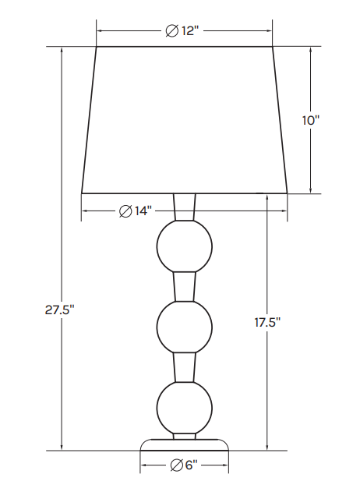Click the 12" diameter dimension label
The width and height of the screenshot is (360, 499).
(183, 31)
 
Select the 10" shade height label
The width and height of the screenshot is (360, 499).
(311, 120)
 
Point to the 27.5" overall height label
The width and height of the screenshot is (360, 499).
(60, 310)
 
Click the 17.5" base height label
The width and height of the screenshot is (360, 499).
(266, 322)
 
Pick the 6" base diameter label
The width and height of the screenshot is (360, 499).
(184, 466)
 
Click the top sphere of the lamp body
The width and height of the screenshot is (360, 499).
(185, 246)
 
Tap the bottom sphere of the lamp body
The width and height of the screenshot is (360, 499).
(185, 408)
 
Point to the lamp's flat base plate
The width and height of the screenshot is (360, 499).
(185, 444)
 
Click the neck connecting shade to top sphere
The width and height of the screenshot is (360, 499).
(185, 207)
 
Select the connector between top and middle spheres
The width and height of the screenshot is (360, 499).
(185, 286)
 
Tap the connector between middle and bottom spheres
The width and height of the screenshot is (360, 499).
(185, 367)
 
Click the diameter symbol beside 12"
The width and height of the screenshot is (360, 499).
(171, 31)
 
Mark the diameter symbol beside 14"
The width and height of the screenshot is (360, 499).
(125, 211)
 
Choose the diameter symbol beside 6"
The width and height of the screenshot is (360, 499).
(176, 466)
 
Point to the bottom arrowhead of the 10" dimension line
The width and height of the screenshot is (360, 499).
(311, 189)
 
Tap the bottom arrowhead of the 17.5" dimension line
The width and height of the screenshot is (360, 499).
(266, 446)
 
